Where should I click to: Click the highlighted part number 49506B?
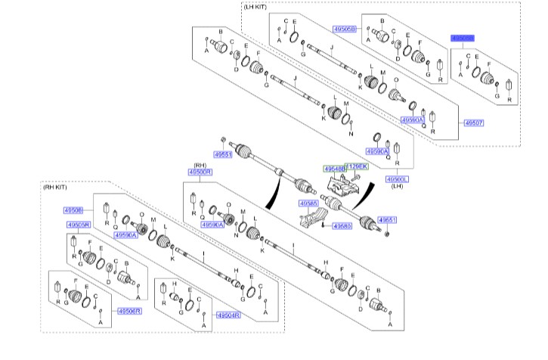463,37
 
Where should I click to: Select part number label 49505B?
344,29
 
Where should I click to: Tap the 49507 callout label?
473,123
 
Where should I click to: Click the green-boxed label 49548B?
333,168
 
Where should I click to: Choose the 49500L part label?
397,179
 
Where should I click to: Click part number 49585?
308,203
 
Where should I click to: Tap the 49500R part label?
200,172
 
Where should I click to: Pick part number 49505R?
79,225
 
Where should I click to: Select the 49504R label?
228,315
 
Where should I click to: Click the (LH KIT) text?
255,6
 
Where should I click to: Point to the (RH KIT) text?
55,188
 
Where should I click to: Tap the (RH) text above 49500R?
200,165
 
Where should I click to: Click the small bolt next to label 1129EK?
358,175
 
